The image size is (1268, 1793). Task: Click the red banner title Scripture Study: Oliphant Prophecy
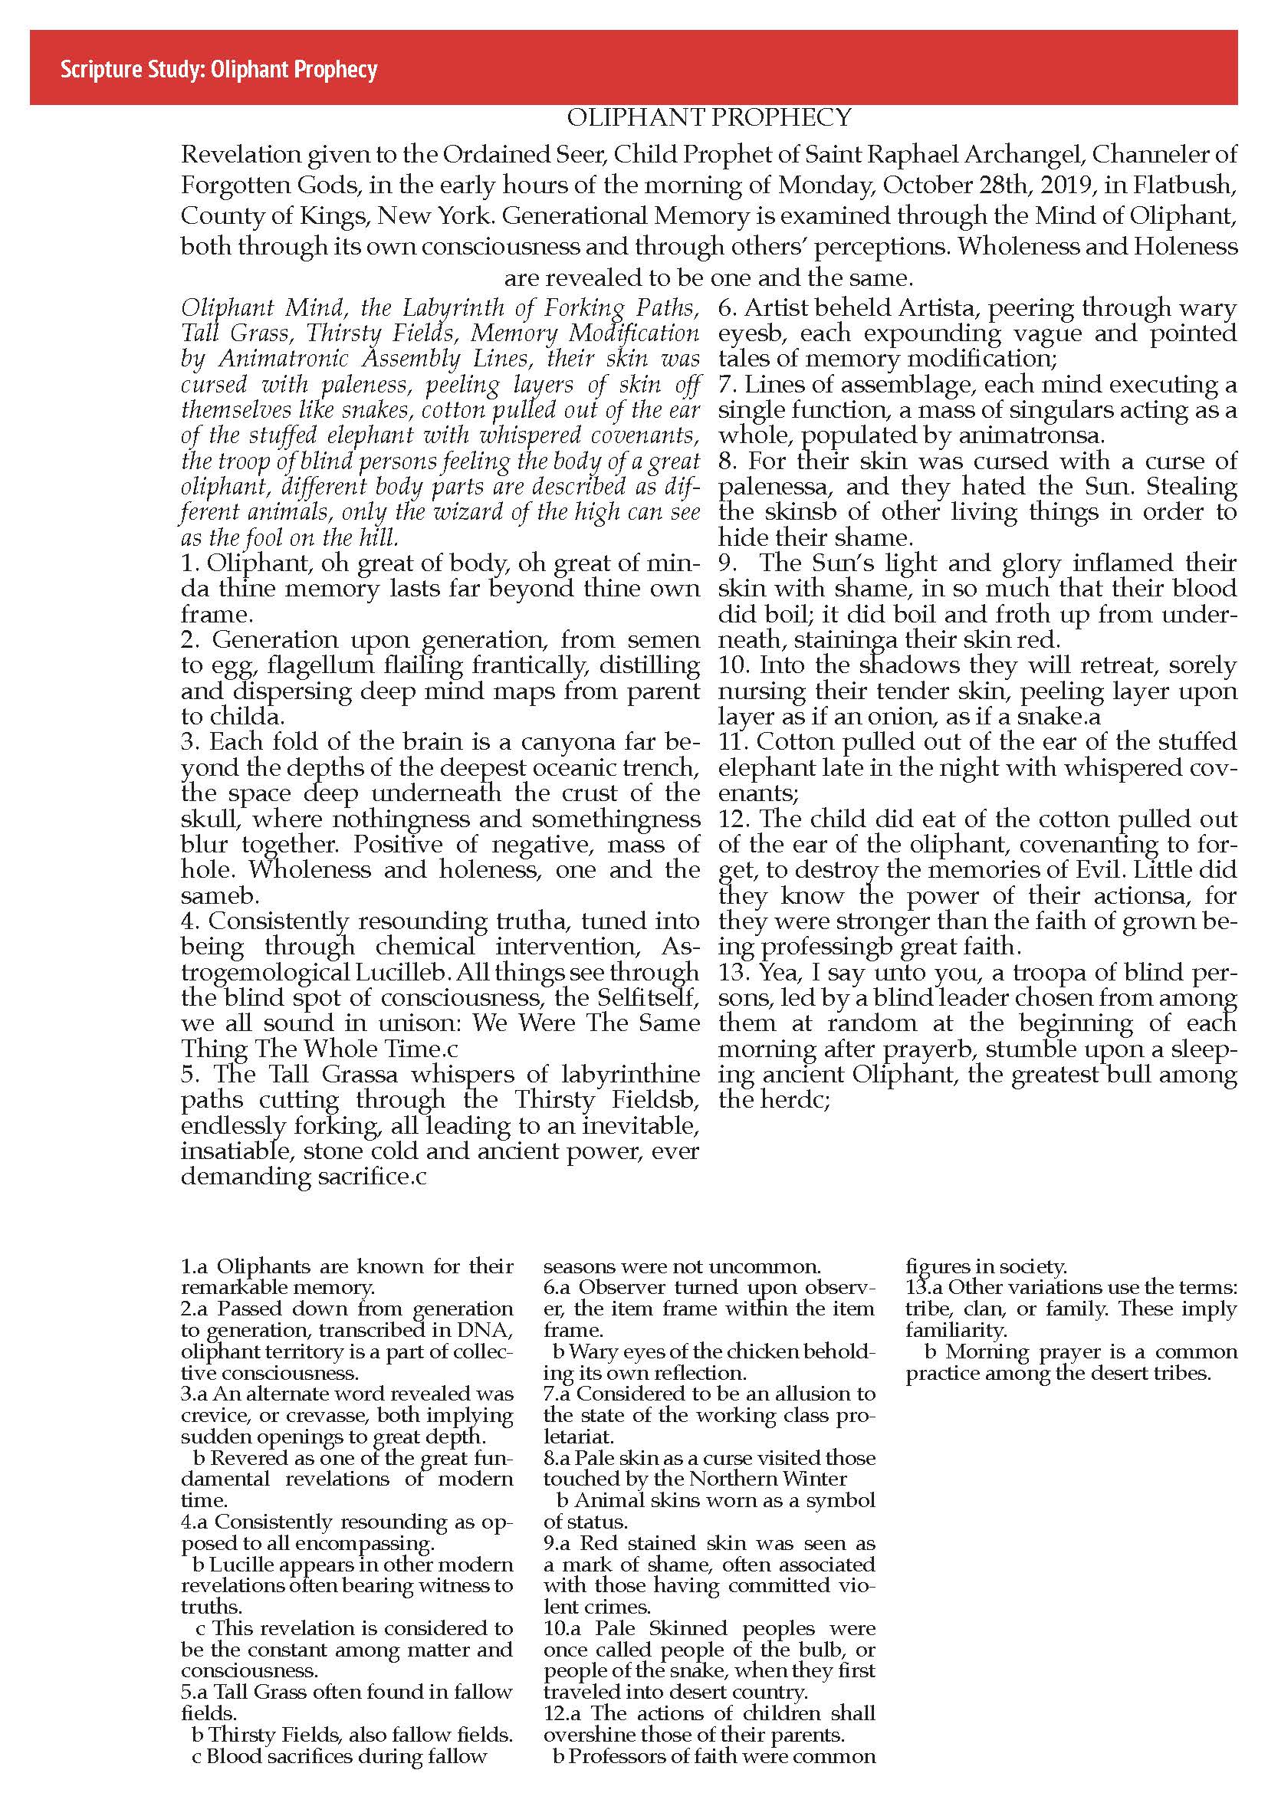coord(219,71)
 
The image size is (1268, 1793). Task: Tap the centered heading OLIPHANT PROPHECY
coord(708,118)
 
